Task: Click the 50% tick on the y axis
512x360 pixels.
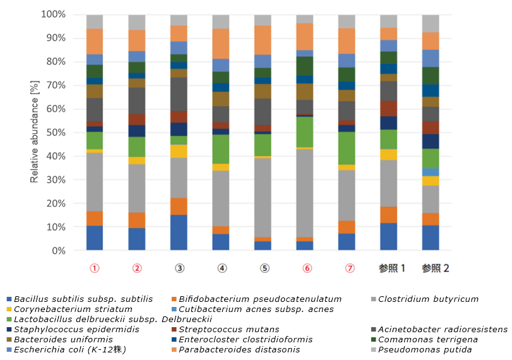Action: point(54,133)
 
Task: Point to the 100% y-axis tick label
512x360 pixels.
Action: point(52,15)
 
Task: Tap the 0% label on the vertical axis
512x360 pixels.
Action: point(57,251)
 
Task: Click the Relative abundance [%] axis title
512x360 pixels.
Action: point(35,133)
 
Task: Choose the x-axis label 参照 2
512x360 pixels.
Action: point(435,268)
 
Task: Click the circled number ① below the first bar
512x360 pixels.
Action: point(95,268)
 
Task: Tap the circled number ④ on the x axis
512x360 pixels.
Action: point(222,268)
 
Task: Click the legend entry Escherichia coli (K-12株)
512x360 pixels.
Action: point(62,350)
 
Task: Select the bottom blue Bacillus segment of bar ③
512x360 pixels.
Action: point(179,232)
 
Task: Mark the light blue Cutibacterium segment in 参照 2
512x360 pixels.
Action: point(431,172)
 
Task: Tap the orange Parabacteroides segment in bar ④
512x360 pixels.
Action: point(222,44)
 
